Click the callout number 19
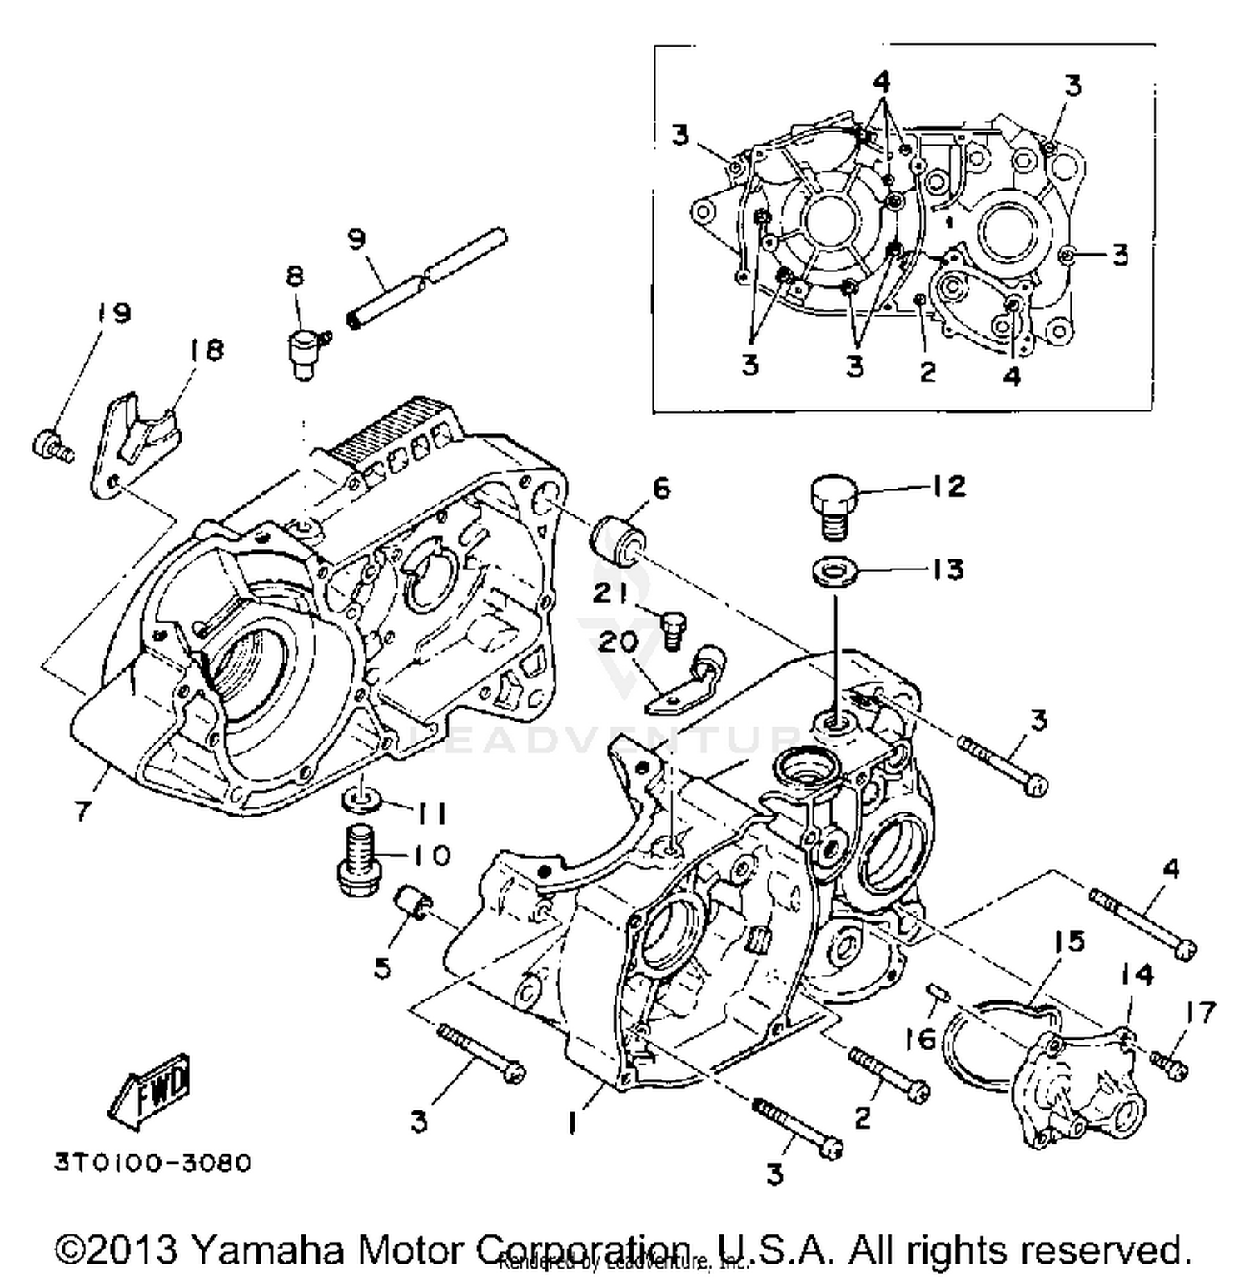pos(112,314)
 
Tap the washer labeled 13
pos(832,573)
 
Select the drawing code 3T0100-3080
pos(152,1161)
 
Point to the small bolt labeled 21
pos(673,629)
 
